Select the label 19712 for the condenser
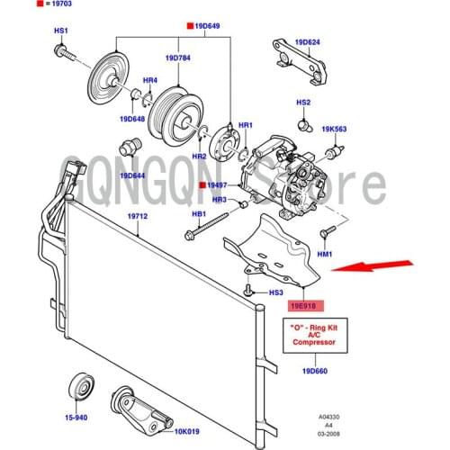click(137, 216)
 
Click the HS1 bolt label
click(61, 31)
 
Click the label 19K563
click(335, 129)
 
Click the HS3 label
click(276, 292)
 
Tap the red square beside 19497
click(202, 185)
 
